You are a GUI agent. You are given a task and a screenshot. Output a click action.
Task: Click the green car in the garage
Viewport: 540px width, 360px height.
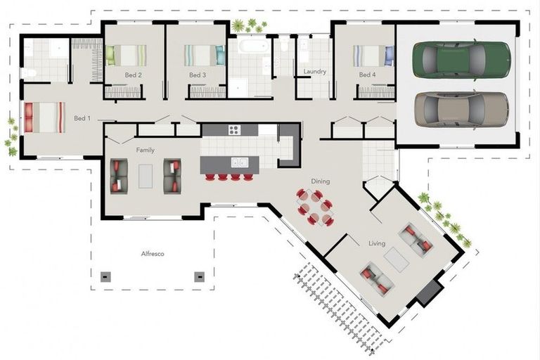coord(461,58)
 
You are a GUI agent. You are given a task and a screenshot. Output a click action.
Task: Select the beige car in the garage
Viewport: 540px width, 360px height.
coord(461,108)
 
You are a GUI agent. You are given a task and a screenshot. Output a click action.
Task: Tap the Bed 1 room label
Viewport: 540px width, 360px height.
coord(82,118)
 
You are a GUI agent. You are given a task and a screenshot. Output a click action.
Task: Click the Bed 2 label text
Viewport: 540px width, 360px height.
coord(134,75)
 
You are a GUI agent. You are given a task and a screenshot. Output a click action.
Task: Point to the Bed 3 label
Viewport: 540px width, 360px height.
coord(198,75)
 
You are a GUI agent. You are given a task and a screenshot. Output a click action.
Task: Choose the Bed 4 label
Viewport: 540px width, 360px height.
coord(366,75)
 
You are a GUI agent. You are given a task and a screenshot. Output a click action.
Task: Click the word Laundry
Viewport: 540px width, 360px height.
coord(314,72)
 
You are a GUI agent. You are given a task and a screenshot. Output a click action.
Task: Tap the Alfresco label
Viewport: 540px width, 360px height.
coord(153,253)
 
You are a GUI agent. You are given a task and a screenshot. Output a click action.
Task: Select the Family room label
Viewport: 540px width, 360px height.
coord(146,150)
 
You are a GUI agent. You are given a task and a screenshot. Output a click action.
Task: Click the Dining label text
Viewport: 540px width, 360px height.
coord(321,181)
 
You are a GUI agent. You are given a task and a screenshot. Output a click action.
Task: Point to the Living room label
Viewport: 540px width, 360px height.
coord(377,243)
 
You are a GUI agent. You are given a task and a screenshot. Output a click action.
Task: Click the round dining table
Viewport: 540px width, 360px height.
coord(314,207)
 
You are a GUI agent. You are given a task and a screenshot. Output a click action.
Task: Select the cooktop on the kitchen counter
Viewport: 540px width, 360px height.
coord(234,129)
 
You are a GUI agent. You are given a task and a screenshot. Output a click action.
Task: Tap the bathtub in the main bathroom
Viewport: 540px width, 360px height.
coord(250,48)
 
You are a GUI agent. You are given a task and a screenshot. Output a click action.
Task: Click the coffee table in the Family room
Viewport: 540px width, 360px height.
coord(146,176)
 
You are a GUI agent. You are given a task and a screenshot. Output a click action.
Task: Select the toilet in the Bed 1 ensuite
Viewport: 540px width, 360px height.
coord(29,72)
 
